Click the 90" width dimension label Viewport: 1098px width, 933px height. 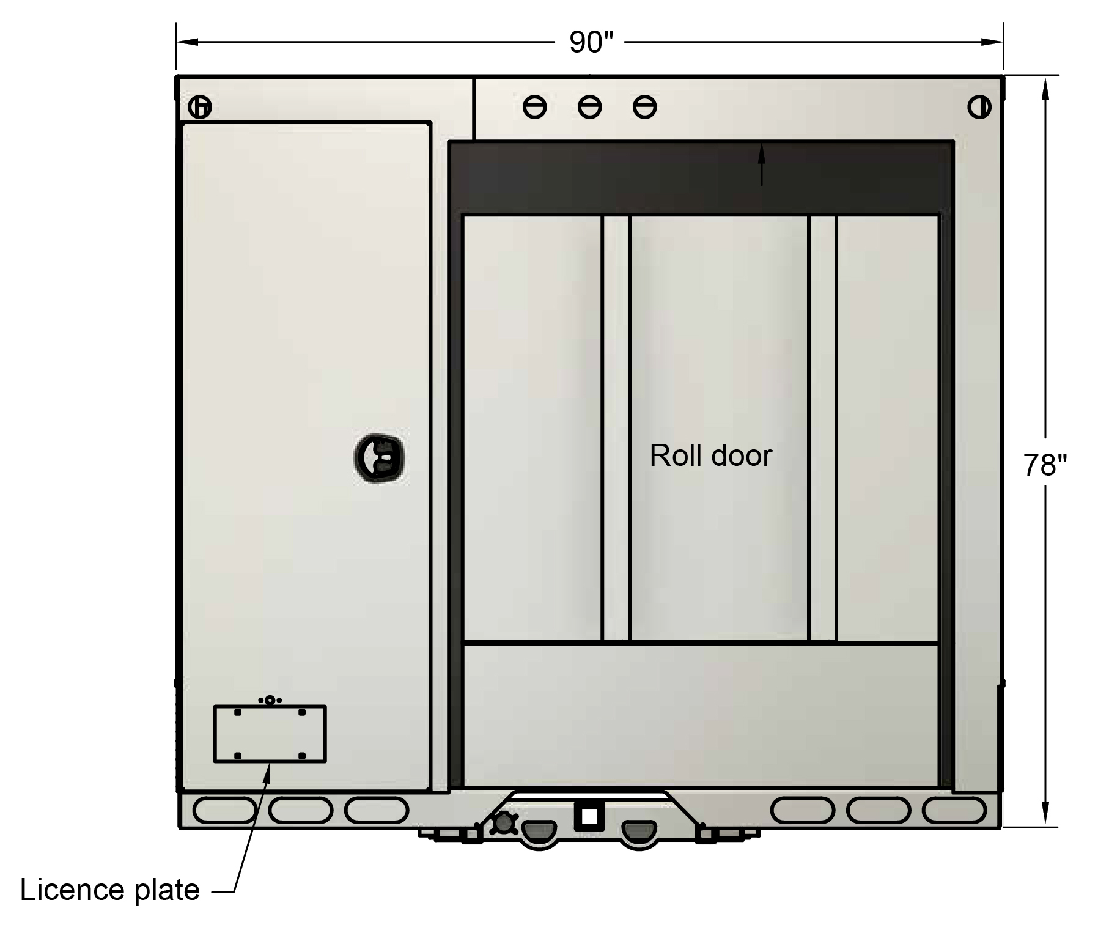pyautogui.click(x=591, y=42)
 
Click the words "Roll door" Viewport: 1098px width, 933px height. pyautogui.click(x=710, y=455)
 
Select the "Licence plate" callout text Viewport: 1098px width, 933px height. pyautogui.click(x=110, y=890)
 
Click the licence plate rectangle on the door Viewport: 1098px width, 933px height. pyautogui.click(x=270, y=734)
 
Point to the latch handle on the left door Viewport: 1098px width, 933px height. pyautogui.click(x=380, y=457)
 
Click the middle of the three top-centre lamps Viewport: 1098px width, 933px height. pyautogui.click(x=589, y=108)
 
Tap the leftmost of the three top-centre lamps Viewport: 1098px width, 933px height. pyautogui.click(x=535, y=108)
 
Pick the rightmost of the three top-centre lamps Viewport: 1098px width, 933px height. pyautogui.click(x=644, y=108)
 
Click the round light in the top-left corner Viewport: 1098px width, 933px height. pyautogui.click(x=199, y=108)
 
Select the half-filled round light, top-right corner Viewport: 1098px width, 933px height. pyautogui.click(x=979, y=108)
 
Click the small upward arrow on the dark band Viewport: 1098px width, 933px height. pyautogui.click(x=761, y=164)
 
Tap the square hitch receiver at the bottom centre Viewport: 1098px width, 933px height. pyautogui.click(x=589, y=816)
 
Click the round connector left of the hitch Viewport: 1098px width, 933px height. pyautogui.click(x=504, y=824)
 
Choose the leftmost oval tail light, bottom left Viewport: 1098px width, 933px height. pyautogui.click(x=224, y=810)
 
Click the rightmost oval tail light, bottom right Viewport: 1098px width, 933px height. pyautogui.click(x=954, y=810)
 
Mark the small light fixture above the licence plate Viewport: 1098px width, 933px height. pyautogui.click(x=270, y=700)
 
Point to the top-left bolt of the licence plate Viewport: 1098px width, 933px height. pyautogui.click(x=238, y=713)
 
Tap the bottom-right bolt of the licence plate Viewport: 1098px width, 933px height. pyautogui.click(x=302, y=756)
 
